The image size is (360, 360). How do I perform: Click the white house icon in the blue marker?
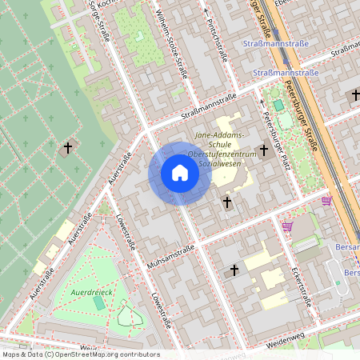point(179,173)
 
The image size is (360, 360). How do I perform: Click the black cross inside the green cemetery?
point(68,148)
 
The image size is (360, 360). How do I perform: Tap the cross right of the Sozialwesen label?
point(263,150)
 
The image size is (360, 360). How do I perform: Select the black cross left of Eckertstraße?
point(234,270)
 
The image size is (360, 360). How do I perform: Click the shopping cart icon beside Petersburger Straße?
point(326,201)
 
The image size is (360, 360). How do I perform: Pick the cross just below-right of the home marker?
point(227,203)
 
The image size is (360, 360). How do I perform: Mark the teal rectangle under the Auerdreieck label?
point(99,303)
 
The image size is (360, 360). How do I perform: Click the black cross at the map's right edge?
point(355,95)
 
